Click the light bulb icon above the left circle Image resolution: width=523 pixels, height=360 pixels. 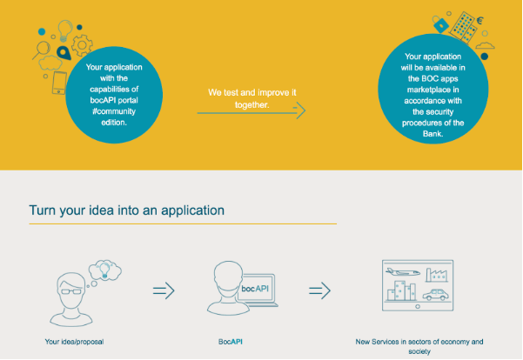[65, 30]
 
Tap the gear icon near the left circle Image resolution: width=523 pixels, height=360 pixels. [82, 45]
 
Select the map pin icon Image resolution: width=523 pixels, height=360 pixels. [64, 53]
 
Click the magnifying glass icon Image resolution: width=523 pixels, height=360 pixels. [42, 50]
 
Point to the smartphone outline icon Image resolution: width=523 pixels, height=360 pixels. [59, 83]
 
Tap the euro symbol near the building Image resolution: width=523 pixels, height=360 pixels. [479, 21]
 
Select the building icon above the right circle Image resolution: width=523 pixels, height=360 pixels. [463, 28]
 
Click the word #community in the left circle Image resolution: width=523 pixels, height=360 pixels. [114, 111]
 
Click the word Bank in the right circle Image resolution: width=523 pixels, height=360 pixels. [433, 134]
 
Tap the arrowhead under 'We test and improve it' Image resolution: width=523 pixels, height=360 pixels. [300, 110]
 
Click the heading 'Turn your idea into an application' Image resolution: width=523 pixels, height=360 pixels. [127, 210]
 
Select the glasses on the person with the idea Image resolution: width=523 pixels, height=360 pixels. [71, 291]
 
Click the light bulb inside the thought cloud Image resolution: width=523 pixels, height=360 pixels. [104, 270]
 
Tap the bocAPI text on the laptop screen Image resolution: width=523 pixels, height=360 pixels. [255, 289]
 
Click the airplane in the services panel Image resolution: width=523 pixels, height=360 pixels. [403, 272]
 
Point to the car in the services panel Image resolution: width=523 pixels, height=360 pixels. [436, 295]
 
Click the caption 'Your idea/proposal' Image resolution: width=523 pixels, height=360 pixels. [74, 342]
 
